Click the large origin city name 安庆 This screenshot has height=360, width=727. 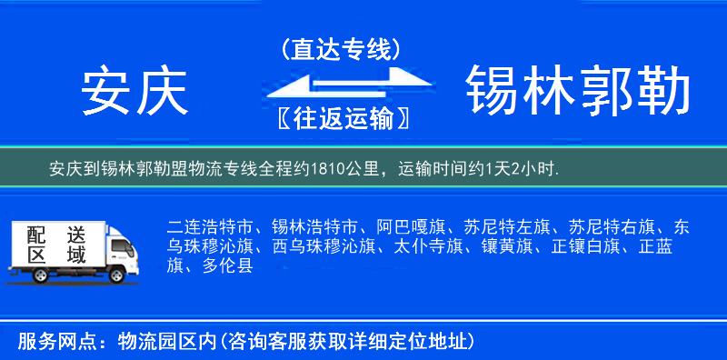134,92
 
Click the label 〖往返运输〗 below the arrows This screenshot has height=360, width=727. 341,119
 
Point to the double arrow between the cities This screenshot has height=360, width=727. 341,84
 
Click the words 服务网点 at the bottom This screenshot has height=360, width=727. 47,342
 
